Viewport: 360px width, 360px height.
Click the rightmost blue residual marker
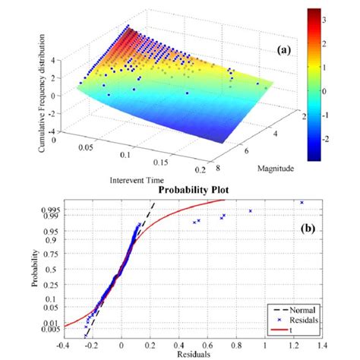(x=302, y=203)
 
